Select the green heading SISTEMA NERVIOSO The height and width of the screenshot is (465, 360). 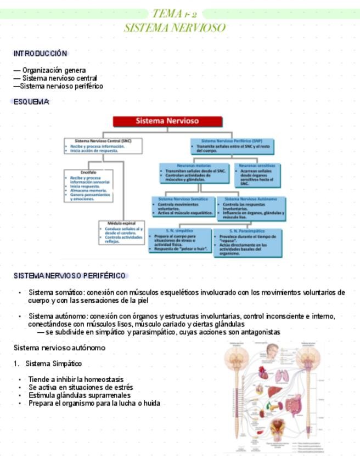tap(175, 27)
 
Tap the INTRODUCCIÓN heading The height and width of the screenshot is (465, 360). tap(40, 53)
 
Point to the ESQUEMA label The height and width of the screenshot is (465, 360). tap(31, 101)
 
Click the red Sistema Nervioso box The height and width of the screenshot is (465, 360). tap(167, 121)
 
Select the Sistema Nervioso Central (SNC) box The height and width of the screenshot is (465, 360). tap(103, 146)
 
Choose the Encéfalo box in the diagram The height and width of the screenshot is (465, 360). tap(88, 186)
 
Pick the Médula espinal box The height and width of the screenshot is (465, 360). tap(121, 232)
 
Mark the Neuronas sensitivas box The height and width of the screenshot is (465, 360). tap(257, 175)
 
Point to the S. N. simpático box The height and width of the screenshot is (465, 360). tap(179, 240)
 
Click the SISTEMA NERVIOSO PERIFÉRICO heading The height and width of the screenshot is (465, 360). tap(70, 275)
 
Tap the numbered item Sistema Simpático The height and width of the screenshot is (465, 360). tap(53, 364)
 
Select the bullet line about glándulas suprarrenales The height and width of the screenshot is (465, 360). tap(79, 395)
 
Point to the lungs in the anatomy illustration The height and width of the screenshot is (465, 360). tap(282, 375)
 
